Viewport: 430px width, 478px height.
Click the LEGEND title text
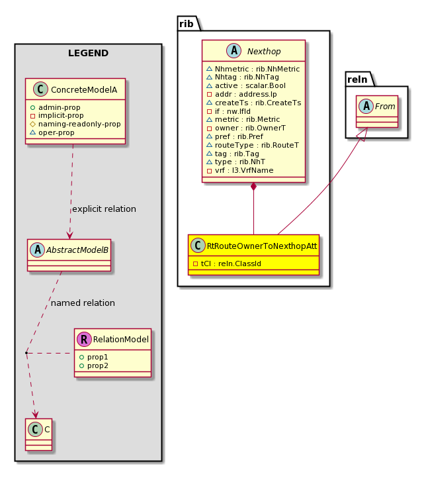pos(88,53)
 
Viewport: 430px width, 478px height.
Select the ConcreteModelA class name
pos(84,89)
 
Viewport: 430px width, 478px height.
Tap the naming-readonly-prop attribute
pos(79,124)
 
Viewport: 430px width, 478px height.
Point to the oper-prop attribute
pos(56,132)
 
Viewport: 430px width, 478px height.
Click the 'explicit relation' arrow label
pos(104,209)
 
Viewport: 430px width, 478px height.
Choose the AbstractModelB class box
pos(69,255)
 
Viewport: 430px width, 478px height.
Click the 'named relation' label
pos(83,303)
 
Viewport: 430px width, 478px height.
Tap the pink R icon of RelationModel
pos(85,339)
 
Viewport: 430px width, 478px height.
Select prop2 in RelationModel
pos(98,365)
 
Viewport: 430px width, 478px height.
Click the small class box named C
pos(38,434)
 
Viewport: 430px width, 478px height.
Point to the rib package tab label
pos(187,23)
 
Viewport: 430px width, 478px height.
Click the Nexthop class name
pos(264,51)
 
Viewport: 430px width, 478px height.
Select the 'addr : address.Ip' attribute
pos(245,94)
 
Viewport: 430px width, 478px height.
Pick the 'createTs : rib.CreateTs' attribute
pos(258,103)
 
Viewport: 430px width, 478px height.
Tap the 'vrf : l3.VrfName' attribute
pos(244,170)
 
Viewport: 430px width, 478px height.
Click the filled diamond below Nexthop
pos(253,186)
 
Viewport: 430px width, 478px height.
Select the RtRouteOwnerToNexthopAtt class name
pos(262,246)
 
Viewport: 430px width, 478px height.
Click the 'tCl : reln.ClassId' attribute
pos(231,263)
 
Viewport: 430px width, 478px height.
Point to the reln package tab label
pos(357,79)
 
